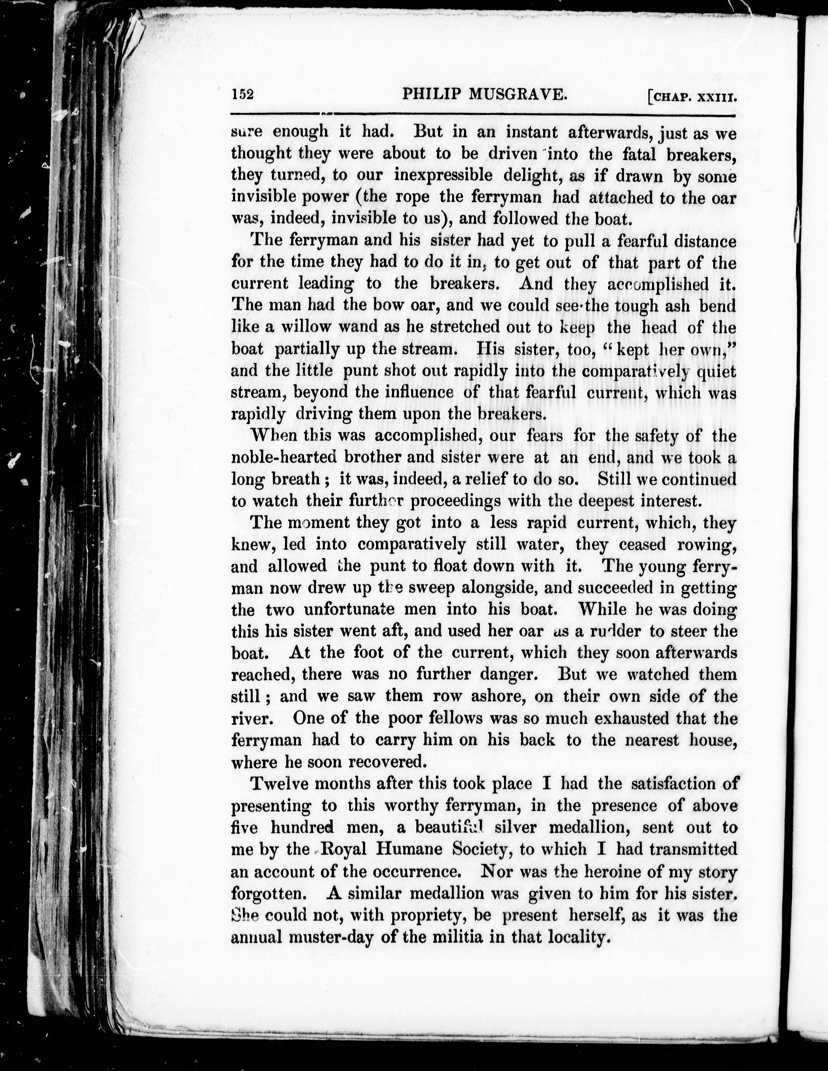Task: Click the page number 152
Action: tap(242, 95)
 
